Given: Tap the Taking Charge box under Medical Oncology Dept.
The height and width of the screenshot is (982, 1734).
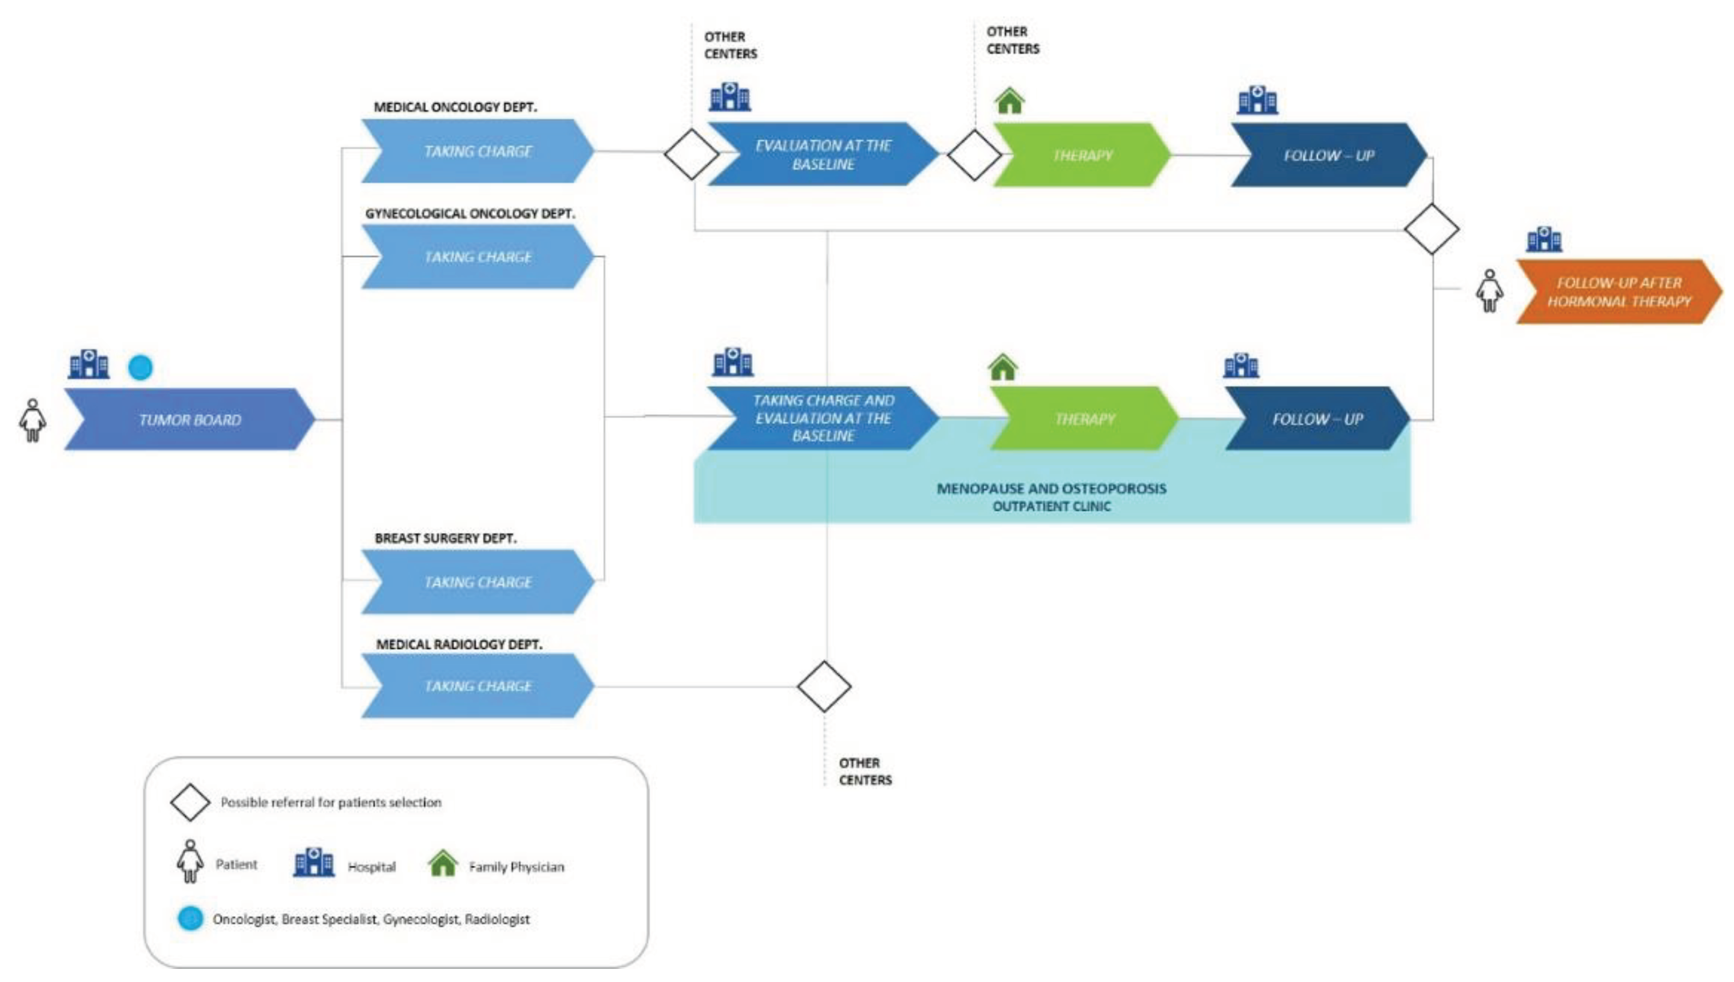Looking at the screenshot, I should [477, 151].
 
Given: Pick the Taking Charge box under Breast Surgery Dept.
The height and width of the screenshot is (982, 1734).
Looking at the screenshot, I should [477, 581].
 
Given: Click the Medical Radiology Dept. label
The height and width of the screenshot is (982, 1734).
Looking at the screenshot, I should [459, 644].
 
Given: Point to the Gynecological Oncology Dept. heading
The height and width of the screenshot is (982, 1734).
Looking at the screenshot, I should [469, 214].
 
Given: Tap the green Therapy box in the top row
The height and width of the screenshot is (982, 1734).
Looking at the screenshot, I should [1081, 155].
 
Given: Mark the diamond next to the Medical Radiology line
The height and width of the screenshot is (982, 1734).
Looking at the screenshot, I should [824, 687].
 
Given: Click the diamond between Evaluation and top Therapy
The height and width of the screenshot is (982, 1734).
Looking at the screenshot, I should [974, 155].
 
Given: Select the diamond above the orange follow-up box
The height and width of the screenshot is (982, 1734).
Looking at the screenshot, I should [1431, 229].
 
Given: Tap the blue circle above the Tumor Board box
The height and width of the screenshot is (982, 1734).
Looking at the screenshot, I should [140, 368].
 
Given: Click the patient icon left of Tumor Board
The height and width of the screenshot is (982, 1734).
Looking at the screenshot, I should [32, 420].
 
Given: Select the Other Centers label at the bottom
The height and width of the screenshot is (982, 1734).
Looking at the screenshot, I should [865, 771].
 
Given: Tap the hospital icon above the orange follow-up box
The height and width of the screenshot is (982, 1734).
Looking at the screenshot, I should [1544, 239].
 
